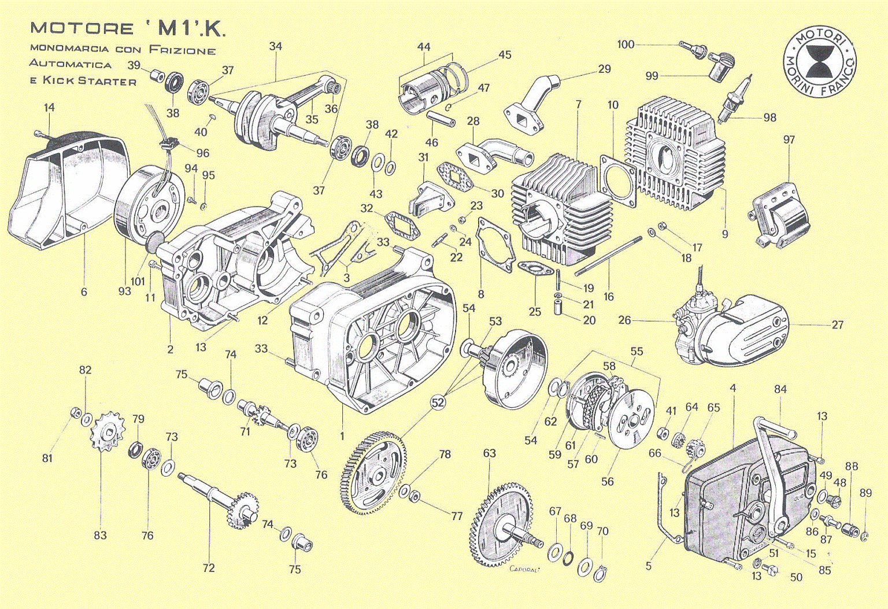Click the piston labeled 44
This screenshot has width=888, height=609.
[428, 90]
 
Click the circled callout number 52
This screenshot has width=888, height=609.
[438, 402]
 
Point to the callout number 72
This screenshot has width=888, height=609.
[209, 568]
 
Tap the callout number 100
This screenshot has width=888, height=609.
[626, 45]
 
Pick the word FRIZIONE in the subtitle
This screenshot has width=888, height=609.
[182, 50]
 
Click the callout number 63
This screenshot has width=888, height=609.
[489, 453]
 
